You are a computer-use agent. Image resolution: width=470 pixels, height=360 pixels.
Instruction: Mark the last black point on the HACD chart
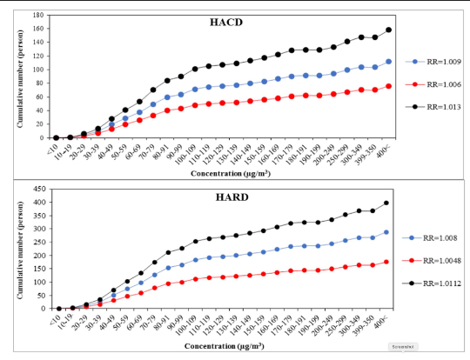coord(389,30)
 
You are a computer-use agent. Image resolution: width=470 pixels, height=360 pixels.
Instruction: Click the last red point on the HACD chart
coord(389,86)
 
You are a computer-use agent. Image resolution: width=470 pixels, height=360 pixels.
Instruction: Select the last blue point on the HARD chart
coord(386,232)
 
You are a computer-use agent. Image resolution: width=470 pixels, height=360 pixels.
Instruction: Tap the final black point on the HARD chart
coord(386,203)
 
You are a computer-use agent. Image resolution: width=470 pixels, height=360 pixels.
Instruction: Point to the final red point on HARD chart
coord(386,262)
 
